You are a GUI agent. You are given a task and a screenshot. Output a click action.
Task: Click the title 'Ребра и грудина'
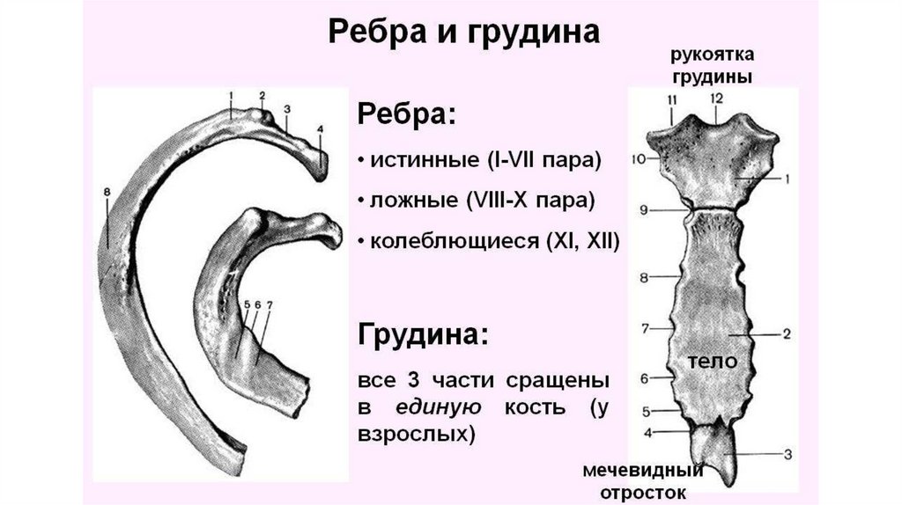click(463, 33)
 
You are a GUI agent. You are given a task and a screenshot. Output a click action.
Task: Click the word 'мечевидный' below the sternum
click(635, 472)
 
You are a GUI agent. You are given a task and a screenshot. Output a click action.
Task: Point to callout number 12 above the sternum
click(716, 98)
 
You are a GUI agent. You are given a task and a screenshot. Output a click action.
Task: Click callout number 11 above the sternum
click(674, 99)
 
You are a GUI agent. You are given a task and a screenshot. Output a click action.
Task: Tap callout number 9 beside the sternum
click(644, 209)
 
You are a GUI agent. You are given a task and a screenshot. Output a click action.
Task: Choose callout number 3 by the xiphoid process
click(788, 454)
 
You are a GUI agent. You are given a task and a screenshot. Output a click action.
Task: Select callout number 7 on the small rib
click(270, 304)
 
